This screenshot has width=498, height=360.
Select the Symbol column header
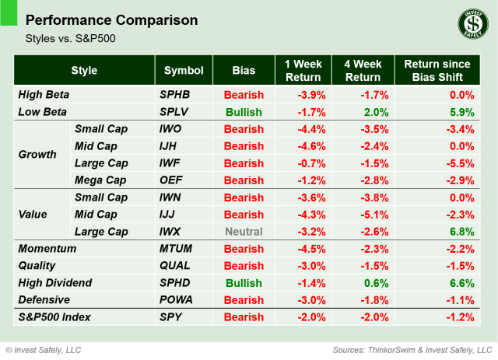point(184,71)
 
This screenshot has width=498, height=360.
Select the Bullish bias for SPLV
point(243,112)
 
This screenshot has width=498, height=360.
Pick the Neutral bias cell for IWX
point(243,232)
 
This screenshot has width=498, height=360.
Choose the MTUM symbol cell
point(177,249)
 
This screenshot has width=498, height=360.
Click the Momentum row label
point(47,249)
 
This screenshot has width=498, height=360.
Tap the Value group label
point(33,215)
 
